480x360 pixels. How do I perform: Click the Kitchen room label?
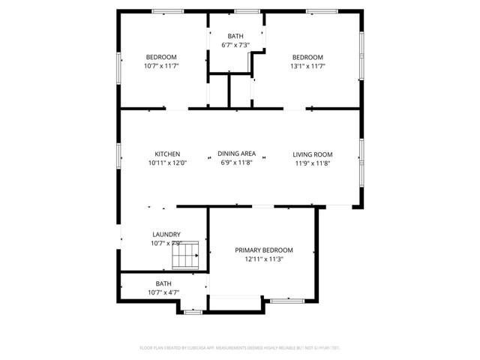[x=167, y=154]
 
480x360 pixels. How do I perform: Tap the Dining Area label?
[x=236, y=154]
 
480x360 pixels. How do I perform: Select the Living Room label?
[x=312, y=154]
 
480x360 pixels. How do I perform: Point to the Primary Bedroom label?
[x=263, y=250]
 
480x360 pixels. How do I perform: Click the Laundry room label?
[x=166, y=234]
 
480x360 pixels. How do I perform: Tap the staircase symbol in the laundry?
[x=185, y=256]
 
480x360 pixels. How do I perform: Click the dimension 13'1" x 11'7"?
[x=307, y=66]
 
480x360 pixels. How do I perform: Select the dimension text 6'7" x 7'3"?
[x=235, y=45]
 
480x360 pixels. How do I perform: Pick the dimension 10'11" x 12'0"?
[x=167, y=163]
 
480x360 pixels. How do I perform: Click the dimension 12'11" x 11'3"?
[x=263, y=259]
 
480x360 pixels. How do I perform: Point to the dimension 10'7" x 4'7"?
[x=163, y=292]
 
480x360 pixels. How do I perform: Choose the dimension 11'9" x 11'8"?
[x=312, y=163]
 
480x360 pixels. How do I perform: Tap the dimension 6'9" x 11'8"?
[x=236, y=162]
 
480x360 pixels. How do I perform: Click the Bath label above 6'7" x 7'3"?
[x=235, y=36]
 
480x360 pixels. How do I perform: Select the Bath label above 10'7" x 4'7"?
[x=163, y=283]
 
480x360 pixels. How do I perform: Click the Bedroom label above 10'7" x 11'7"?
[x=160, y=58]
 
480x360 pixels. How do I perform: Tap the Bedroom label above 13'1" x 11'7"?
[x=307, y=58]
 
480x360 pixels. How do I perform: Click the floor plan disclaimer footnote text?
[x=240, y=348]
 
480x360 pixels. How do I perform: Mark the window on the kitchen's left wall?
[x=119, y=154]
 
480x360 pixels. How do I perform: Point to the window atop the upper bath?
[x=244, y=10]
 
